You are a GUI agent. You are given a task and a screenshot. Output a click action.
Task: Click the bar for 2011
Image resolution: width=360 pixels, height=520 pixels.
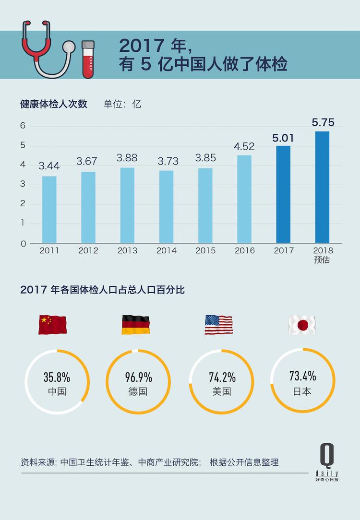tap(49, 210)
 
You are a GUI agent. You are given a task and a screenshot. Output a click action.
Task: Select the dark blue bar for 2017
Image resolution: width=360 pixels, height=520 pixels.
tap(283, 194)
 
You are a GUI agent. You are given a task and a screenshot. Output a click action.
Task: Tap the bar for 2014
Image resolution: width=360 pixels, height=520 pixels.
tap(166, 207)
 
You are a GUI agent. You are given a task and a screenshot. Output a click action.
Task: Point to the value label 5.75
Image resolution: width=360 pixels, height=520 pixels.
tap(323, 122)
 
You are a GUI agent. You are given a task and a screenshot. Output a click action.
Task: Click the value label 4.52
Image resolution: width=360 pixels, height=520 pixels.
tap(244, 147)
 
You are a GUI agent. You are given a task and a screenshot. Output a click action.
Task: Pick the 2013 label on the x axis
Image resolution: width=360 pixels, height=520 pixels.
tap(127, 250)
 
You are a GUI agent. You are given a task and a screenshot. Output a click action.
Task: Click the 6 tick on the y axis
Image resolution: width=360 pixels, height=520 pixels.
tap(23, 126)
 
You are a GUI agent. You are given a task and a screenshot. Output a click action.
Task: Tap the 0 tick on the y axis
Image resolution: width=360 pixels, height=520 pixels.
tap(23, 243)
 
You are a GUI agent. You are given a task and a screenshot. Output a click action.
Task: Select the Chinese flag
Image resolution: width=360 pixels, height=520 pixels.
tap(52, 325)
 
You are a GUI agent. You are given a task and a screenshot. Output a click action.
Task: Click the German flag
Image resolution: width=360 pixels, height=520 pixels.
tap(135, 325)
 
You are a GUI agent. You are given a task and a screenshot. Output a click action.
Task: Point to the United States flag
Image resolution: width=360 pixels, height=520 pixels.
tap(218, 325)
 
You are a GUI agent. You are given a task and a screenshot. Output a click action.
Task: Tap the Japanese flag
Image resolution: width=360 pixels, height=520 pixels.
tap(302, 325)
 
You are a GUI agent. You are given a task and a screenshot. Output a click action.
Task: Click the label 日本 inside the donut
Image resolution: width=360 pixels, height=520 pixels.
tap(302, 391)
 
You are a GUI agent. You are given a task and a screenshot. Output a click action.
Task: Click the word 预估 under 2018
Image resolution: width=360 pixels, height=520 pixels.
tap(323, 260)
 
